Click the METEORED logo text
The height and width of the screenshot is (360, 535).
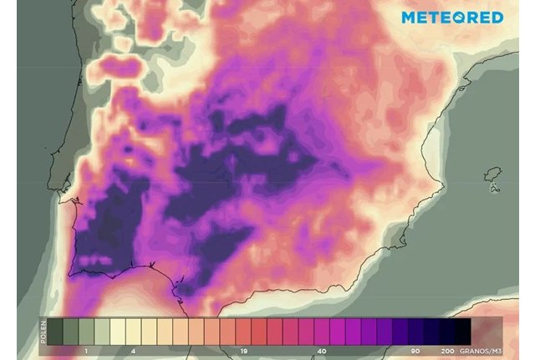pyautogui.click(x=452, y=18)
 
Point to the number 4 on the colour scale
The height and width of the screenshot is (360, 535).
pyautogui.click(x=134, y=352)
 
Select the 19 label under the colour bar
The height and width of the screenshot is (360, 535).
pyautogui.click(x=242, y=352)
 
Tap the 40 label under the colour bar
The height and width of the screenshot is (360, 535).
pyautogui.click(x=322, y=352)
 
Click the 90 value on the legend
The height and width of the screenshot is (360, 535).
pyautogui.click(x=415, y=352)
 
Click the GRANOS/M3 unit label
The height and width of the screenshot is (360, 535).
pyautogui.click(x=485, y=352)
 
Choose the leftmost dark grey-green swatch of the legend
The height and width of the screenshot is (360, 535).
pyautogui.click(x=55, y=330)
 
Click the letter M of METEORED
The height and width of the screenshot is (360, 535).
pyautogui.click(x=409, y=18)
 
